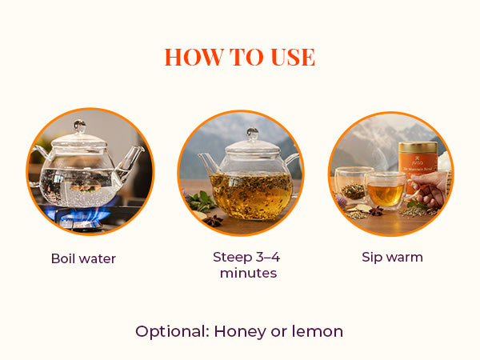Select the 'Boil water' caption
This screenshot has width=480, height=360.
[x=83, y=258]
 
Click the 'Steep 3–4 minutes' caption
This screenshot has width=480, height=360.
[x=246, y=265]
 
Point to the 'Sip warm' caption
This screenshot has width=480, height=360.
[x=391, y=258]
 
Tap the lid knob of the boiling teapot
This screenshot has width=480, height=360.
[x=80, y=126]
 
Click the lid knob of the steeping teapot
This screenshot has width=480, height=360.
[x=252, y=133]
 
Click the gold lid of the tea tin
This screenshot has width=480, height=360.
[x=418, y=147]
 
